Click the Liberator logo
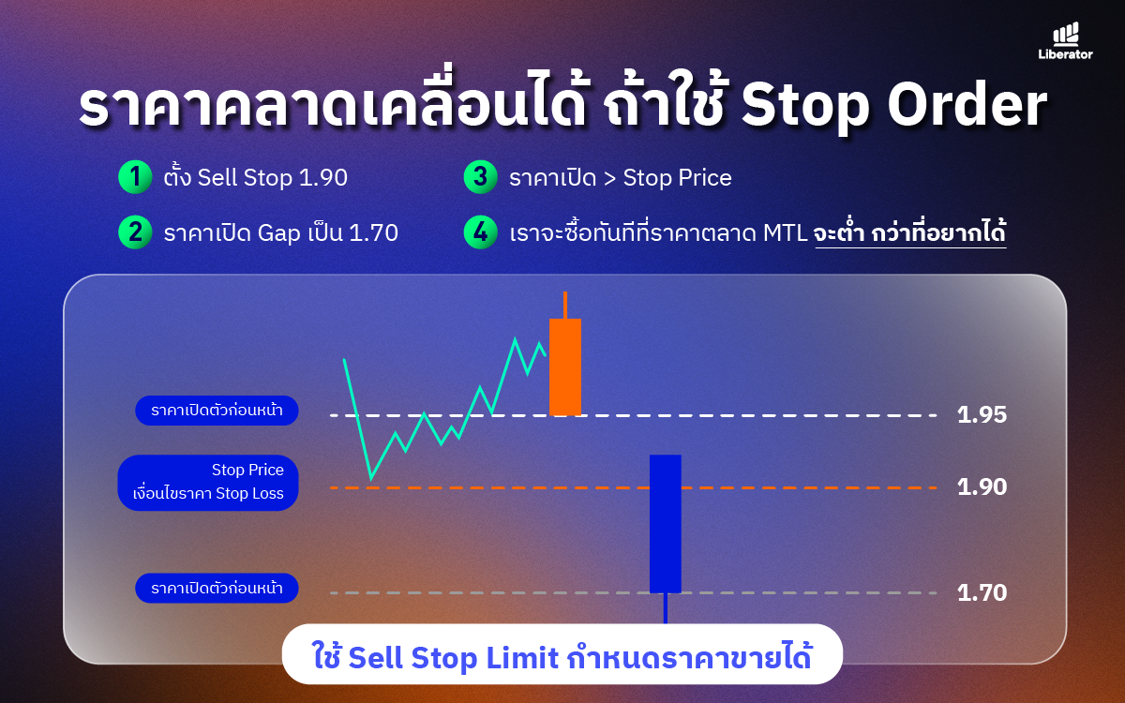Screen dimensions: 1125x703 (x=1065, y=41)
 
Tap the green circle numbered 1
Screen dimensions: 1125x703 (x=135, y=177)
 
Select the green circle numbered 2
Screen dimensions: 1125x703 (x=135, y=232)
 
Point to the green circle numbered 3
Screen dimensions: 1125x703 (x=481, y=177)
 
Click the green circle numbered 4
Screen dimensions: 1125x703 (x=481, y=232)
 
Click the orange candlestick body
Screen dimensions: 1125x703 (x=565, y=367)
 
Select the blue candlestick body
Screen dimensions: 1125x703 (x=666, y=524)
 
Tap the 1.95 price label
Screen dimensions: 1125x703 (x=982, y=415)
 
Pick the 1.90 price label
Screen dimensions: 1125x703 (x=982, y=487)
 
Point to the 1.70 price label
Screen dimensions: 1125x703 (x=982, y=593)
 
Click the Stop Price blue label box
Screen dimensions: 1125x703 (x=208, y=483)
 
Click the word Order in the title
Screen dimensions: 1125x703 (x=967, y=106)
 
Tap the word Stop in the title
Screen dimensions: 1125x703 (x=805, y=108)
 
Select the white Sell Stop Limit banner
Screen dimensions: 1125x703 (x=562, y=654)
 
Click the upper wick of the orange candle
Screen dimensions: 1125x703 (x=565, y=305)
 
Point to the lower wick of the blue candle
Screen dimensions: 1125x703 (x=666, y=608)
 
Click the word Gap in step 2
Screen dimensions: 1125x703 (x=279, y=234)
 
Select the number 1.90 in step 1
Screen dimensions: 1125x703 (x=322, y=178)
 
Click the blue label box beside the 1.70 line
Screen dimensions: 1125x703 (x=217, y=588)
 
